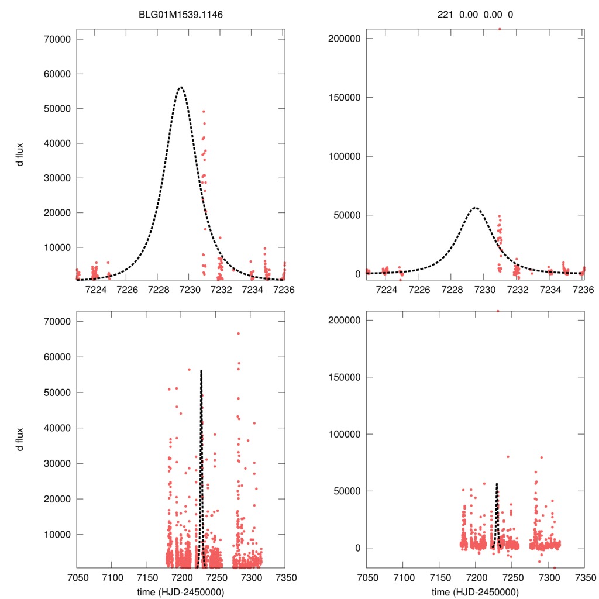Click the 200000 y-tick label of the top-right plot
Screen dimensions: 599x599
342,39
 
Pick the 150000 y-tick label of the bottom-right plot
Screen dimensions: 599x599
342,377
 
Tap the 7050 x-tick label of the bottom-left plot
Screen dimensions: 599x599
77,577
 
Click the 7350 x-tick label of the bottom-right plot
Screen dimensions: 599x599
584,577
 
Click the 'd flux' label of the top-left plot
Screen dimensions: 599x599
21,155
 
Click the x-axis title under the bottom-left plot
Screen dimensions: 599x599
180,591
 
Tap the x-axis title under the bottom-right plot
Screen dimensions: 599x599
475,591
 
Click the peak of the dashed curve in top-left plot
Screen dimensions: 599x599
181,87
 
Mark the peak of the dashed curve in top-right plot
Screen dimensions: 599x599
475,208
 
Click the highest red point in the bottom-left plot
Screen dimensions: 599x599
239,333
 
